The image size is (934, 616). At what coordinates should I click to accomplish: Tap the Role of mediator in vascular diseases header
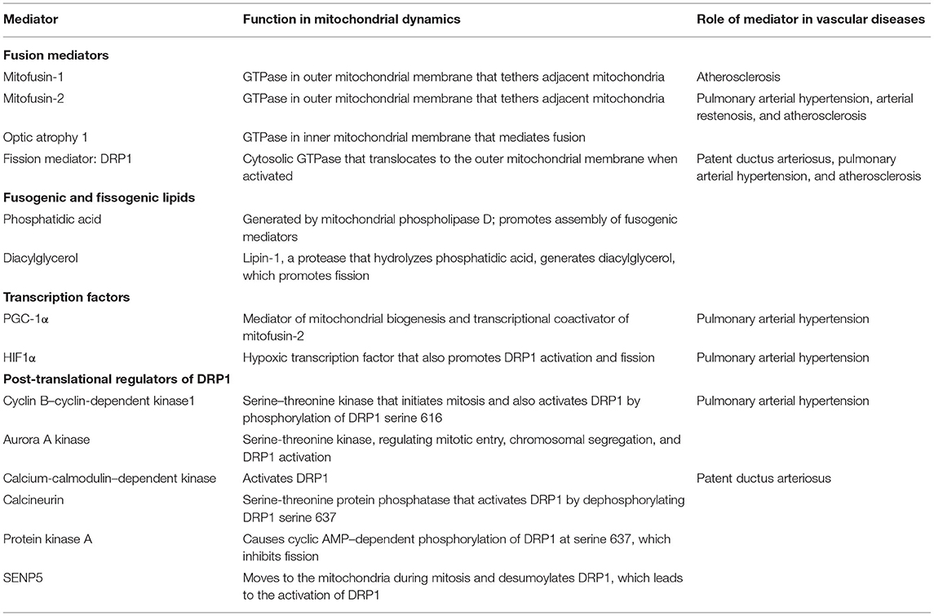click(811, 20)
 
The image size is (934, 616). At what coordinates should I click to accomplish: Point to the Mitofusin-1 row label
click(34, 78)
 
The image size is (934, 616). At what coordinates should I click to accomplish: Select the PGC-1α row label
click(29, 319)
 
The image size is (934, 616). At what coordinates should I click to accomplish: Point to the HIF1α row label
click(26, 357)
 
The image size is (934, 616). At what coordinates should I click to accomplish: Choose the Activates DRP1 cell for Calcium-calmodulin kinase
click(281, 478)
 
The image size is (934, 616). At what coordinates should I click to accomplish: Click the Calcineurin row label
click(35, 499)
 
